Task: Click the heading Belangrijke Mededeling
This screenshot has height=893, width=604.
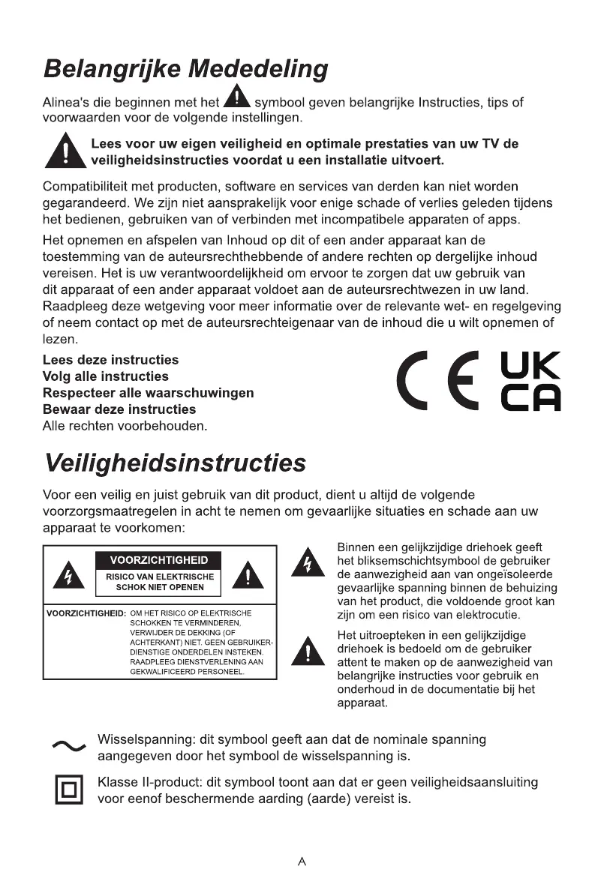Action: tap(185, 70)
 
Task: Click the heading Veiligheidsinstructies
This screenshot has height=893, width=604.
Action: tap(174, 463)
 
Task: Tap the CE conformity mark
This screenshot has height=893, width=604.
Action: tap(438, 382)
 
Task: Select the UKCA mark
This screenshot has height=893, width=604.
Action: tap(530, 382)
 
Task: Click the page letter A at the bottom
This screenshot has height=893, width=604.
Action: tap(302, 862)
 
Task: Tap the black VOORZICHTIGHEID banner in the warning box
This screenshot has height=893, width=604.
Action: tap(159, 560)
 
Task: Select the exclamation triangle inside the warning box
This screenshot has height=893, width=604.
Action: tap(249, 577)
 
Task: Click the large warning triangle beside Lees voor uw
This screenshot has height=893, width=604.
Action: tap(64, 151)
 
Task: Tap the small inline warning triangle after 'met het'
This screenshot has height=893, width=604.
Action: tap(237, 97)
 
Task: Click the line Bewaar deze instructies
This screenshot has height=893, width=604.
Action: tap(119, 409)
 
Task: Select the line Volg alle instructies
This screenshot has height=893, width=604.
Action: tap(106, 376)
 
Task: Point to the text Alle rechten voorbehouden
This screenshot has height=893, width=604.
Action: tap(125, 426)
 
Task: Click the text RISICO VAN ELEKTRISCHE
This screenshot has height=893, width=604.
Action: tap(160, 577)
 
